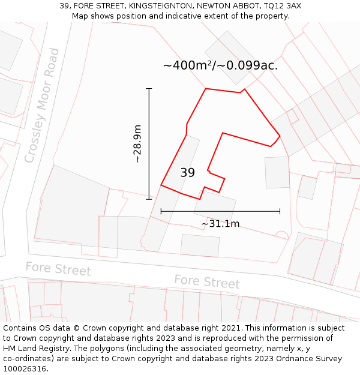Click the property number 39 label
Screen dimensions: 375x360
click(x=187, y=173)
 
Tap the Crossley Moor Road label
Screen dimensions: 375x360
click(x=43, y=106)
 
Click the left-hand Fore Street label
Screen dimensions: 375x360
click(x=58, y=269)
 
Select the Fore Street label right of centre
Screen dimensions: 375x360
click(x=207, y=281)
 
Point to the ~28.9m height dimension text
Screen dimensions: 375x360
click(x=137, y=144)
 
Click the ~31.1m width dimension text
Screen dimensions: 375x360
click(x=220, y=224)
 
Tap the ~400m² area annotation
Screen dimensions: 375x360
click(x=220, y=65)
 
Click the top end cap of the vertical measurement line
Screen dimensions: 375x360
click(x=149, y=89)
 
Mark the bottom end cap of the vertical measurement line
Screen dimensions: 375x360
click(x=149, y=199)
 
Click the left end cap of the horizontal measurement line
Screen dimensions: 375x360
click(x=161, y=211)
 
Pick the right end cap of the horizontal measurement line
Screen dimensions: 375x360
click(x=280, y=211)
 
